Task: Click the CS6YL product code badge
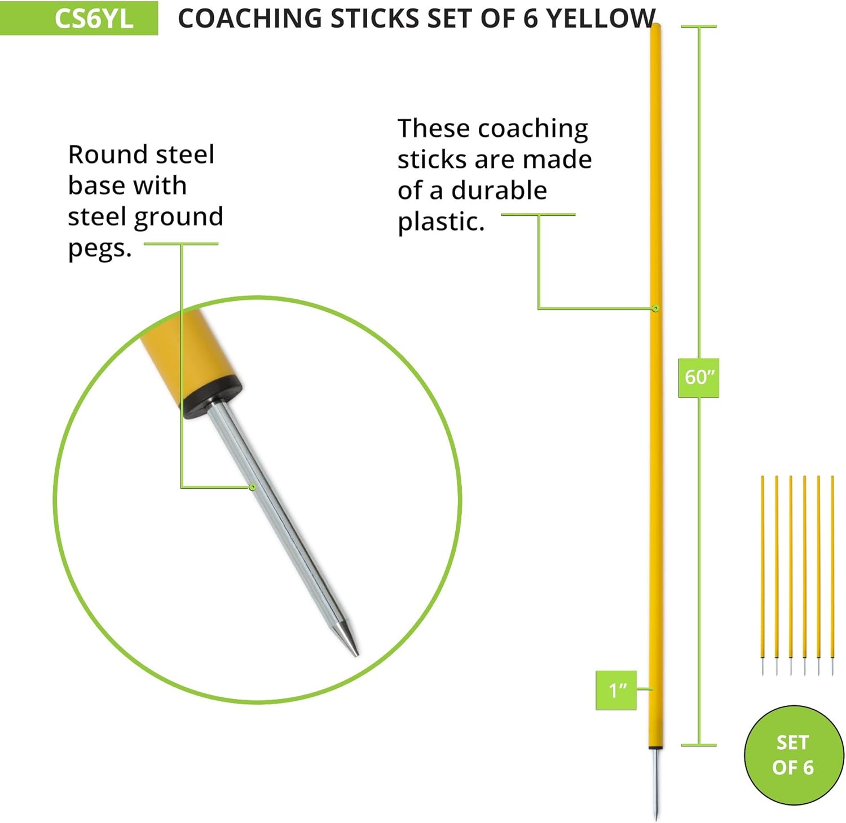(x=79, y=18)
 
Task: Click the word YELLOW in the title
(x=601, y=18)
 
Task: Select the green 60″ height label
(x=699, y=377)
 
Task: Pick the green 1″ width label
(x=616, y=690)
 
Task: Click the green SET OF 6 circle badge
(x=793, y=755)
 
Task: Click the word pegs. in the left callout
(x=100, y=248)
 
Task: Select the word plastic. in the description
(x=441, y=222)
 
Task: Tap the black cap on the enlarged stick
(x=211, y=396)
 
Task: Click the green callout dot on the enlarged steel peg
(x=253, y=486)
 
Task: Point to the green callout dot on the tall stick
(x=655, y=308)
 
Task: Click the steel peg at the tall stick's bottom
(x=655, y=784)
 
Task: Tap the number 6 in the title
(x=530, y=18)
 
